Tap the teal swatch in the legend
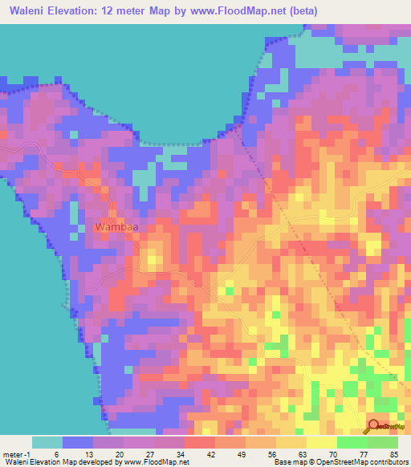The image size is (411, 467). pyautogui.click(x=47, y=442)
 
